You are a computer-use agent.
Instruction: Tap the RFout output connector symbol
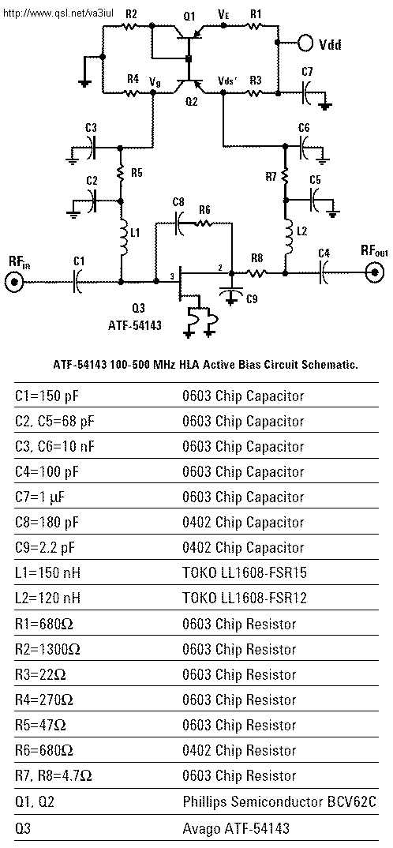pos(374,273)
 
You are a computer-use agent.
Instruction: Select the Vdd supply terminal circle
pos(306,43)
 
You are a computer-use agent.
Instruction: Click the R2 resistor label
pos(131,14)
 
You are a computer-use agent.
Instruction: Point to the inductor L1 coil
pos(122,236)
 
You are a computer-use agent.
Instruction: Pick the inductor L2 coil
pos(287,237)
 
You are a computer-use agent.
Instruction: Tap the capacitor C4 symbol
pos(324,272)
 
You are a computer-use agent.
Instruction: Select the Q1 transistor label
pos(189,16)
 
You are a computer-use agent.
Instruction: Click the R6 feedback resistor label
pos(204,209)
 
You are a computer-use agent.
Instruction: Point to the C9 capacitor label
pos(252,298)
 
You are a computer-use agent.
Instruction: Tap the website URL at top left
pos(58,12)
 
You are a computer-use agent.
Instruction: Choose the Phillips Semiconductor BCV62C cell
pos(279,801)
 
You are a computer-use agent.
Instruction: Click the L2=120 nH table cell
pos(47,598)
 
